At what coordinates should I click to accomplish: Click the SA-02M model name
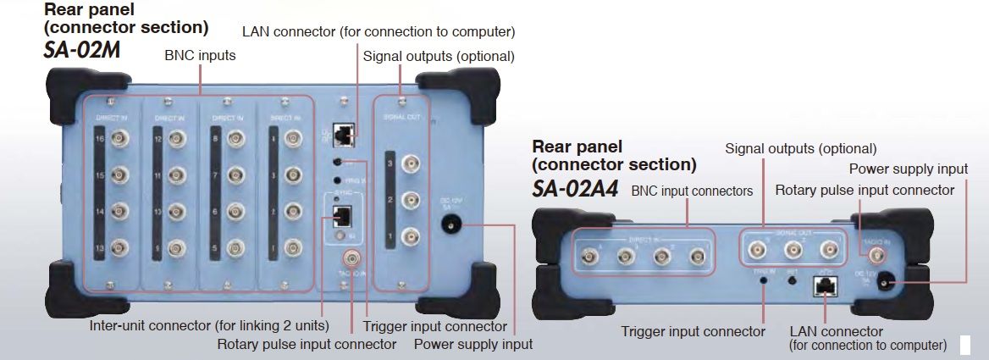pyautogui.click(x=82, y=50)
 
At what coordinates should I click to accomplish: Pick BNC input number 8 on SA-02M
pyautogui.click(x=232, y=137)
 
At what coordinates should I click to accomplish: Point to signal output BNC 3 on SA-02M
pyautogui.click(x=410, y=163)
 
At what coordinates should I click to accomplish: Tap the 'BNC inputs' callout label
pyautogui.click(x=200, y=56)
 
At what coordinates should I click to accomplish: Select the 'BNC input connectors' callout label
pyautogui.click(x=692, y=191)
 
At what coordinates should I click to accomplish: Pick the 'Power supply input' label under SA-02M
pyautogui.click(x=473, y=344)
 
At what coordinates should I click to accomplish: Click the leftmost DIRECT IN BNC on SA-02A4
pyautogui.click(x=588, y=253)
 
